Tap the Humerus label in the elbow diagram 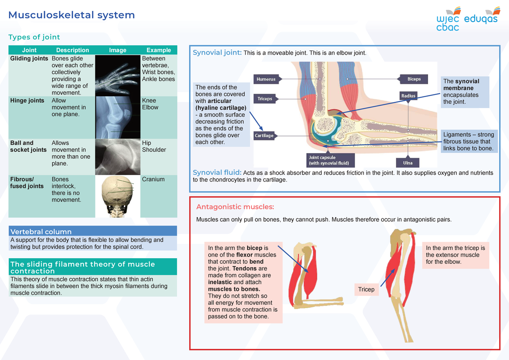(266, 79)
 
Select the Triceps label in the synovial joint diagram (265, 98)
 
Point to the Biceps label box (414, 79)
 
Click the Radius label (408, 96)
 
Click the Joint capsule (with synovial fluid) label (331, 160)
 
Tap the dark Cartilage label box (264, 136)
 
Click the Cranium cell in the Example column (153, 179)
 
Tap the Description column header (73, 50)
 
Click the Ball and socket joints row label (28, 146)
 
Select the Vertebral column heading (41, 232)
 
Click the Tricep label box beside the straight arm (366, 289)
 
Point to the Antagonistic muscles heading (235, 207)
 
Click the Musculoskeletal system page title (72, 15)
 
